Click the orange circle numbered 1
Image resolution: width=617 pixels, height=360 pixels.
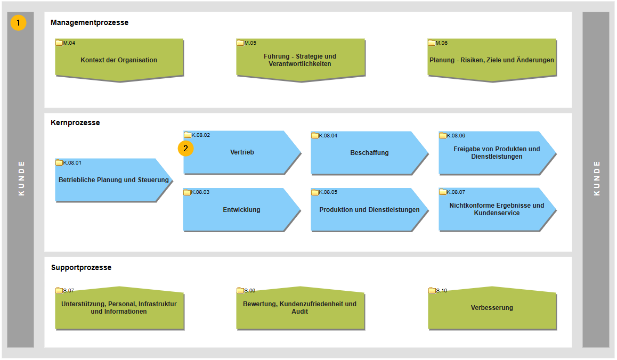[18, 23]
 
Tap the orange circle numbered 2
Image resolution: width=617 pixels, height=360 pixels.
[185, 149]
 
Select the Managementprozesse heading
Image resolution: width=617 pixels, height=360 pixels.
[89, 22]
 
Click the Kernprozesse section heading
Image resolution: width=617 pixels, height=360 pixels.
[75, 122]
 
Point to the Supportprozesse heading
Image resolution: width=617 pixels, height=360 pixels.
[81, 267]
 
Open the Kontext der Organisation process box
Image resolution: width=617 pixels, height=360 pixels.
[119, 60]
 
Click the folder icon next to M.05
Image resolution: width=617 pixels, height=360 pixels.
[240, 43]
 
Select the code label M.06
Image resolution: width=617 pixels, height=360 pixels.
[442, 43]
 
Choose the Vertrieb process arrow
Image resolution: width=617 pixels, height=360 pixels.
[241, 152]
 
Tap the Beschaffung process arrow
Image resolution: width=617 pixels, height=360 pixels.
[369, 153]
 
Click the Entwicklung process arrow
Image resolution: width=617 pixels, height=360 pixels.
[241, 209]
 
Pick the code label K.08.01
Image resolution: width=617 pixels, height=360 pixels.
[72, 162]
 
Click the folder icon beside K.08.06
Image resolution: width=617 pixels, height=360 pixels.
[443, 135]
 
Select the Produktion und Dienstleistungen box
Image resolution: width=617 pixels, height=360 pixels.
[369, 209]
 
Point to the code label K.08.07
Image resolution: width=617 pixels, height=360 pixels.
[456, 192]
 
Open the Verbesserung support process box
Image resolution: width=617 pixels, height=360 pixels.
[492, 308]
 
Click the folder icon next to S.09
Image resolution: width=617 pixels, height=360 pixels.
[240, 291]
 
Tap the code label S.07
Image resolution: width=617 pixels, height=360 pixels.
[68, 291]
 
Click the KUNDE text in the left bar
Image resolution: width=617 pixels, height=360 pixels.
[21, 178]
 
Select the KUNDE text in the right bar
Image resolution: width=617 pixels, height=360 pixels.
[597, 178]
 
